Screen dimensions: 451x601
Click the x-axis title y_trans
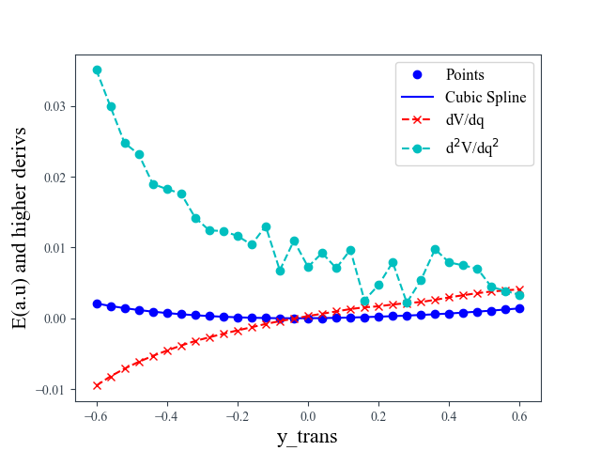[306, 437]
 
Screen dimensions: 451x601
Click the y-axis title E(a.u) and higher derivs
[20, 227]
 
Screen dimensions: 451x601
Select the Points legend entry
[465, 74]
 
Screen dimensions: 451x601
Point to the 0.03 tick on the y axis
[54, 106]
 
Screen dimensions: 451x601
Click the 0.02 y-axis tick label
[54, 177]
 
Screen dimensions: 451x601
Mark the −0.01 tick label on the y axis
[51, 389]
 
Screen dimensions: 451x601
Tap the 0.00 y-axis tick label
[54, 319]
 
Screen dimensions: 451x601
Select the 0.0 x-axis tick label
[308, 417]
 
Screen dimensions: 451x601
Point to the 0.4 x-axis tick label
[449, 417]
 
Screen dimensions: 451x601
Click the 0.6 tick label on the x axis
[519, 417]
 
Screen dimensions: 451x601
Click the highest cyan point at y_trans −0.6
[97, 70]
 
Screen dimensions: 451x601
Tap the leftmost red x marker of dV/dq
[97, 385]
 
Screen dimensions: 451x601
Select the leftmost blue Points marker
[97, 303]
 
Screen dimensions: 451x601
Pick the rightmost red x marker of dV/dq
[519, 289]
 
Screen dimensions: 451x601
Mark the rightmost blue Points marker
[519, 308]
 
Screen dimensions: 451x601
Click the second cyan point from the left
[111, 106]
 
